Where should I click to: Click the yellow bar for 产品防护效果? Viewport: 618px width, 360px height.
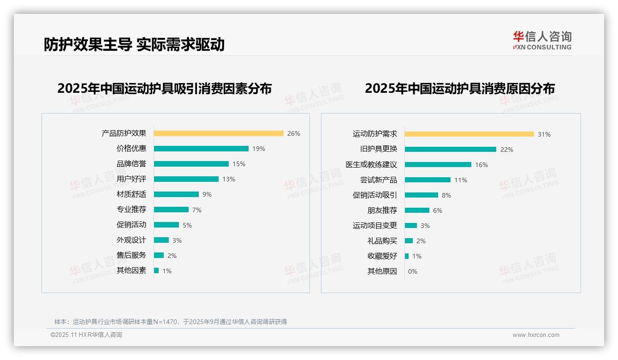coord(219,133)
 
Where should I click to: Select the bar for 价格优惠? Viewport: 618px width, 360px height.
coord(201,149)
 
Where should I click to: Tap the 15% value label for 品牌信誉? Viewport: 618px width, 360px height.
coord(239,164)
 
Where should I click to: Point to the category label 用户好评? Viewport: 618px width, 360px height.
coord(131,179)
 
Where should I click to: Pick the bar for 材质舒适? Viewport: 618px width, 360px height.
coord(176,194)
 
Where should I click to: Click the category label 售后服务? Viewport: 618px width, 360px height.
coord(131,255)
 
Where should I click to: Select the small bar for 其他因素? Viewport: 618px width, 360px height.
coord(156,270)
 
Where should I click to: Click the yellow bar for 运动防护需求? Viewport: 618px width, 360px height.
coord(469,134)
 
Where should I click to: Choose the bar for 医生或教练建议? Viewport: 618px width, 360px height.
coord(438,164)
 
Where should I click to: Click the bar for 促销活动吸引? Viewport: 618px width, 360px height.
coord(422,195)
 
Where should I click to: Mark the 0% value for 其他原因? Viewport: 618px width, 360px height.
coord(412,271)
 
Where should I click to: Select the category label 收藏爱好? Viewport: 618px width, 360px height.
coord(382,256)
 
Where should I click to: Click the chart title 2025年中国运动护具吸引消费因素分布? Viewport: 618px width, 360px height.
coord(164,89)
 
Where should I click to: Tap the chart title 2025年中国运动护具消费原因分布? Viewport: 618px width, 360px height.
coord(459,89)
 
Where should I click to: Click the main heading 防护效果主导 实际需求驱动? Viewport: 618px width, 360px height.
coord(134,44)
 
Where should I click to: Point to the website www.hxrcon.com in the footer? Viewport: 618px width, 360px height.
coord(535,335)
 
